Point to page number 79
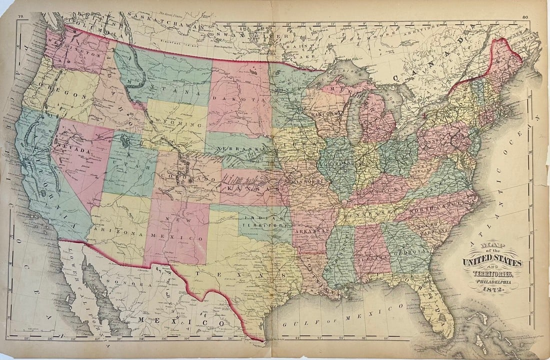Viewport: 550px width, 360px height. [x=20, y=17]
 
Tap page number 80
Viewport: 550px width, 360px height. [x=524, y=17]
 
